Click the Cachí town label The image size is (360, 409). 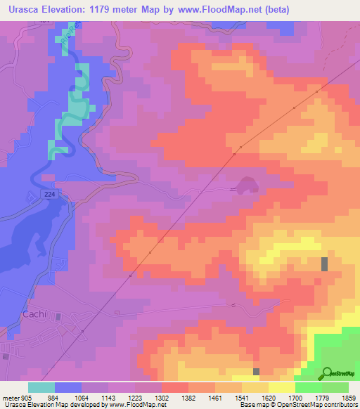click(34, 314)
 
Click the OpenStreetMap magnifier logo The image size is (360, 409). click(327, 372)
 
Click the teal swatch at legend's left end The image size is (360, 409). click(41, 387)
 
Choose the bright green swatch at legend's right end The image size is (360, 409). click(335, 387)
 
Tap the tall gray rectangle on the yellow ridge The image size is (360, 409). click(324, 264)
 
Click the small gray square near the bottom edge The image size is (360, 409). click(257, 371)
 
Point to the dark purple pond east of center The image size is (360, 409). click(246, 185)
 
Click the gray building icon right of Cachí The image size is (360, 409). click(58, 318)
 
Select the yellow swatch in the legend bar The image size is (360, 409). click(282, 387)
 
